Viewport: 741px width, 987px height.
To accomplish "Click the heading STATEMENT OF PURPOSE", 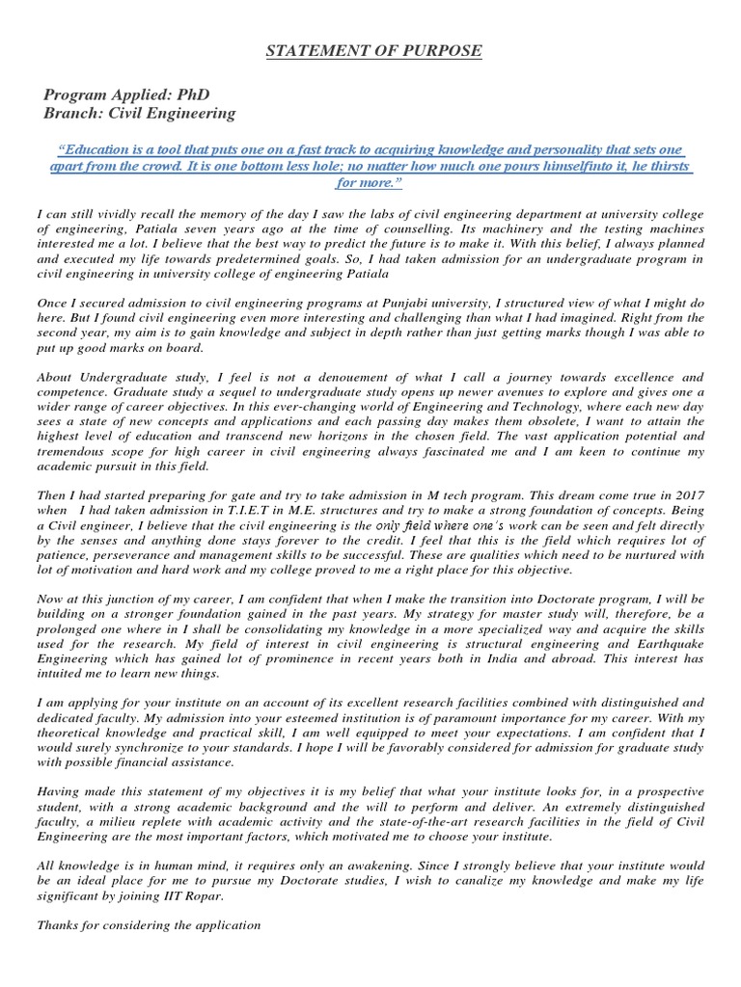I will click(x=373, y=50).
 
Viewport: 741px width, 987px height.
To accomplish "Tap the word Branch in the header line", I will click(x=72, y=113).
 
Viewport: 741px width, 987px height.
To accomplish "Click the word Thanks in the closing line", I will click(x=58, y=925).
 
